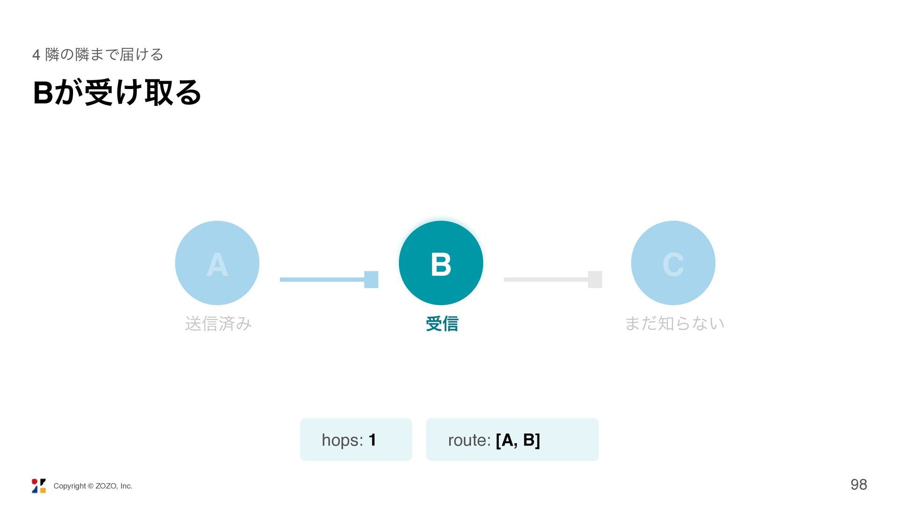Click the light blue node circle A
point(217,263)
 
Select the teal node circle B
point(441,263)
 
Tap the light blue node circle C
point(673,263)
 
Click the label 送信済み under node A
point(218,323)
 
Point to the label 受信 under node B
point(442,323)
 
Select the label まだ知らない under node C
point(675,323)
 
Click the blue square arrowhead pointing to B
point(371,280)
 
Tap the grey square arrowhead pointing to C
point(595,280)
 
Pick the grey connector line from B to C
point(546,280)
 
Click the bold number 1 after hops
point(372,440)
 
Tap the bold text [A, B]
point(518,440)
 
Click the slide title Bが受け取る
point(117,92)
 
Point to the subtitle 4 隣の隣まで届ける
point(98,54)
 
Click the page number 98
point(859,484)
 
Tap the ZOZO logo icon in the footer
point(39,486)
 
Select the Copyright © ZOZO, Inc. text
point(93,486)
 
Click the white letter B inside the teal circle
point(441,264)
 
